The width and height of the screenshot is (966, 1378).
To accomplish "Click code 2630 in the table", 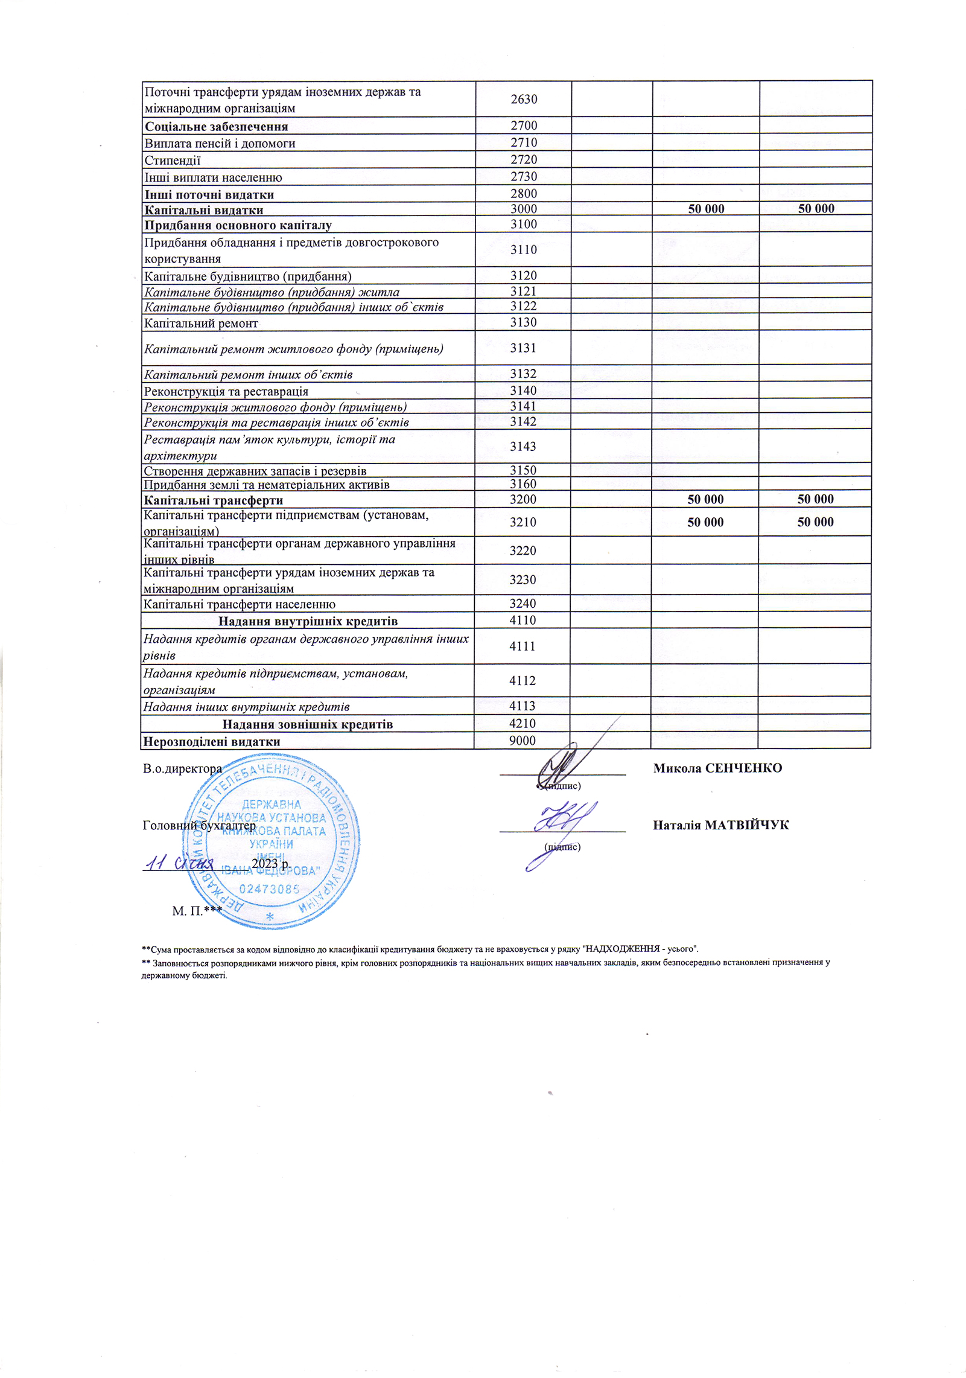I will point(523,100).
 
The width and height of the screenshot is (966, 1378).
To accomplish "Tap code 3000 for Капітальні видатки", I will point(523,209).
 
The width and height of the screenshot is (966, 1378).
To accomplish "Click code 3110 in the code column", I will point(523,250).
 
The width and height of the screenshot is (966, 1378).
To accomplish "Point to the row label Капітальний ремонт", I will point(201,324).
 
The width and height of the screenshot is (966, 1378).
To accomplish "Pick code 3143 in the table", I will point(523,447).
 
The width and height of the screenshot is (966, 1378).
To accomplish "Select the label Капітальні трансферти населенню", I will point(240,604).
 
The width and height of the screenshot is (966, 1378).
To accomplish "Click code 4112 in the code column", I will point(523,681).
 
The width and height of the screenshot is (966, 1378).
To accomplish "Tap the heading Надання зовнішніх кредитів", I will point(308,724).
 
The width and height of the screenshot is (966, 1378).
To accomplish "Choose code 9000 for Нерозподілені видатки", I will point(523,741).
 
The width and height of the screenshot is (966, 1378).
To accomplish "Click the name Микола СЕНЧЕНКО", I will point(717,768).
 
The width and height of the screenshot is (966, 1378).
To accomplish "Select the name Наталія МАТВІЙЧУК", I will point(720,825).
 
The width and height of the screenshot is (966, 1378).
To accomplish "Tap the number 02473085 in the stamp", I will point(270,889).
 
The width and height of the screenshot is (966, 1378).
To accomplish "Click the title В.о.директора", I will point(182,769).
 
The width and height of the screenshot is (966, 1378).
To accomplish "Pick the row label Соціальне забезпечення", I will point(216,127).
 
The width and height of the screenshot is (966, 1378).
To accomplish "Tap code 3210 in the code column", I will point(523,522).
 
